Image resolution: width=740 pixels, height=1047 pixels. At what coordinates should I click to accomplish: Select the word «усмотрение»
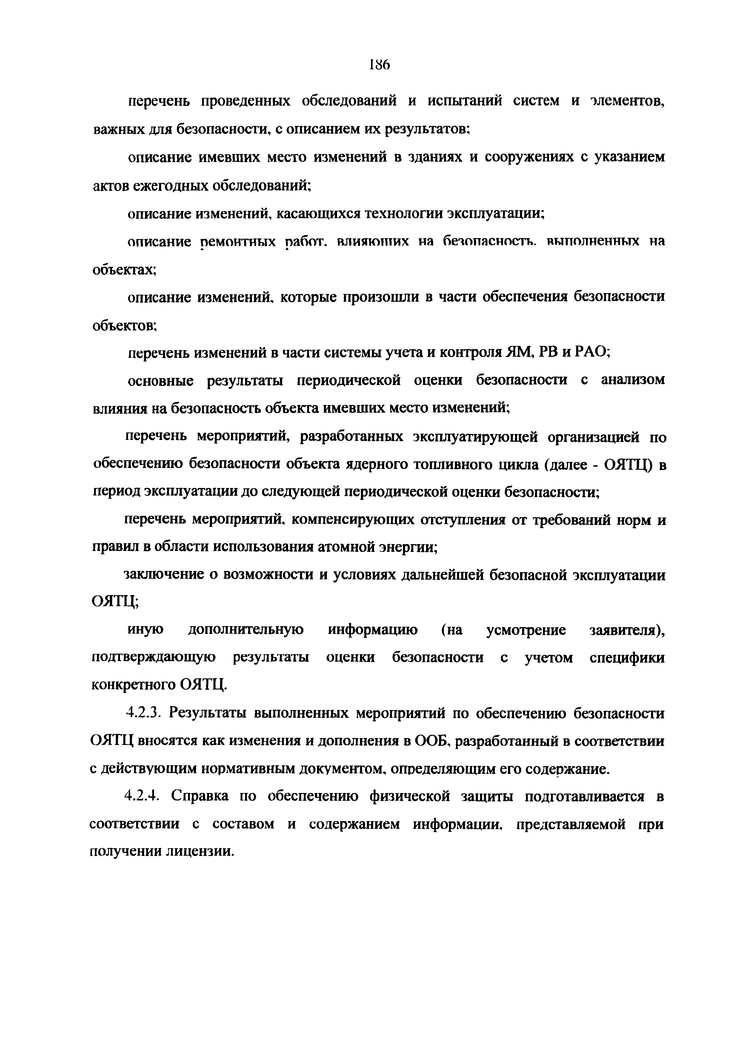coord(526,630)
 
